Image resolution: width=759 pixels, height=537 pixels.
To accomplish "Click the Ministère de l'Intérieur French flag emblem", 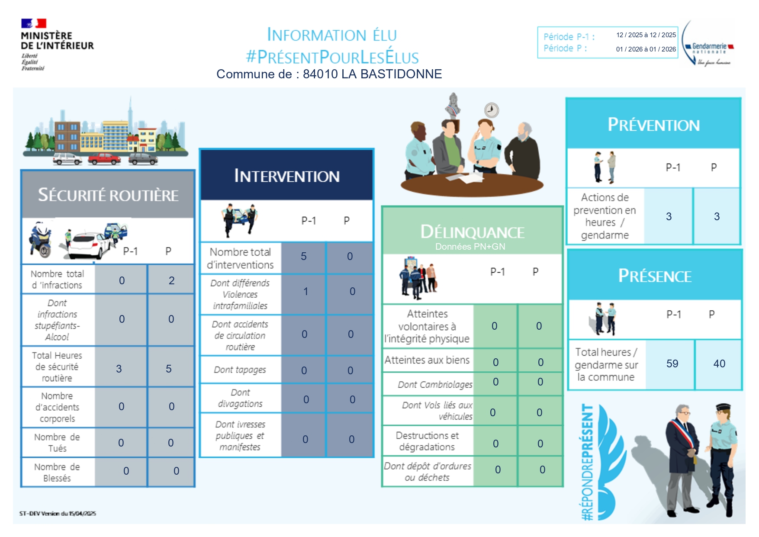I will point(34,23).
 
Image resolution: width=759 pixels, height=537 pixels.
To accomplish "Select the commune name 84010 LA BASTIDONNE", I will point(372,74).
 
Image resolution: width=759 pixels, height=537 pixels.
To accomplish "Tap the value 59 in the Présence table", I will point(672,363).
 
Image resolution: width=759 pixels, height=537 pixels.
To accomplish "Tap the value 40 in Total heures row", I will point(719,363).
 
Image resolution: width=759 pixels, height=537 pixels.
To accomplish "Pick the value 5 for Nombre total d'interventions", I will point(304,257).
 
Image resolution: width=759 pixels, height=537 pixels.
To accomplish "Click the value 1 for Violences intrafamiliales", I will point(306,292).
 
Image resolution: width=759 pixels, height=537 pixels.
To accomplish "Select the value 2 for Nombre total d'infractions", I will point(171,281).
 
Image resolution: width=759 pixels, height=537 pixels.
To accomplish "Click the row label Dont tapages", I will point(240,370).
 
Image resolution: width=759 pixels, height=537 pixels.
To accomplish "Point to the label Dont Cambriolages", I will point(435,385).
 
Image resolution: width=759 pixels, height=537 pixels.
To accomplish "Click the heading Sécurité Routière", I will point(108,195).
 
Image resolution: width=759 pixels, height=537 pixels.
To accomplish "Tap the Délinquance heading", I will point(472,232).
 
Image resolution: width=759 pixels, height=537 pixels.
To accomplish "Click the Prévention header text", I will point(653,125).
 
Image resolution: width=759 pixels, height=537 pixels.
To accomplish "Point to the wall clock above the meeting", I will point(491,110).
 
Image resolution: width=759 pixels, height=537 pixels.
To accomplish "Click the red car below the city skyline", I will point(104,159).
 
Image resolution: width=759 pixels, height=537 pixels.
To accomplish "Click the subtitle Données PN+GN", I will point(470,247).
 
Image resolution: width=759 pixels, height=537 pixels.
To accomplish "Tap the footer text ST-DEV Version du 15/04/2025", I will point(58,514).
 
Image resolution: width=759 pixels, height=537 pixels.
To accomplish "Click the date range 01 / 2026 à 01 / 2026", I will point(646,49).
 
